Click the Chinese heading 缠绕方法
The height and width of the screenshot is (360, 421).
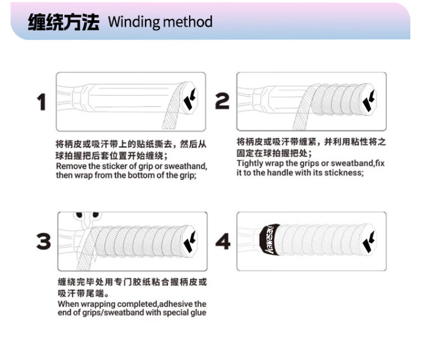coord(63,22)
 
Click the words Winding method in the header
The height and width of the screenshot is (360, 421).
coord(160,22)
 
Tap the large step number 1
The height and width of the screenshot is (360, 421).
coord(40,102)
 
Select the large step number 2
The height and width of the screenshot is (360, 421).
coord(222,101)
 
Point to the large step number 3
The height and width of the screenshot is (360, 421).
coord(43,241)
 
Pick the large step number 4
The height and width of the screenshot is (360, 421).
coord(223,242)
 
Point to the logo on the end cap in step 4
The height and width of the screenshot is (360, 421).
coord(370,239)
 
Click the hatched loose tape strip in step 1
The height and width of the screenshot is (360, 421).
coord(171,112)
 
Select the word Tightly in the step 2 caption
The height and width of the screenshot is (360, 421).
coord(250,164)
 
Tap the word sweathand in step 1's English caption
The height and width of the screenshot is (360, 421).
coord(186,167)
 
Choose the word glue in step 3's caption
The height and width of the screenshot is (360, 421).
coord(196,312)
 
